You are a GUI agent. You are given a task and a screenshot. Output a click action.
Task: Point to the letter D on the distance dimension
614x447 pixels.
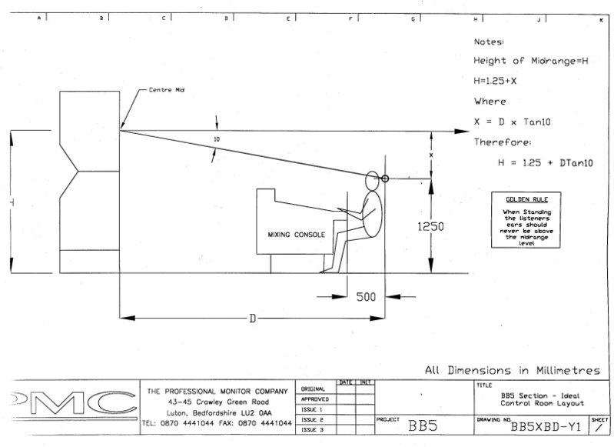coord(252,318)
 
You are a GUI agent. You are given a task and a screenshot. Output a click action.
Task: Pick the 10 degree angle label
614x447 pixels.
coord(217,140)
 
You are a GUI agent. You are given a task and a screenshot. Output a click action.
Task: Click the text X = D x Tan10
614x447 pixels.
coord(515,122)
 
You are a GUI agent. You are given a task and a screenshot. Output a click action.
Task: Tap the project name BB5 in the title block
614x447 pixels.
coord(423,425)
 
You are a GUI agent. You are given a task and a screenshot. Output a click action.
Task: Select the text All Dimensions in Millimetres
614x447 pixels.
coord(512,370)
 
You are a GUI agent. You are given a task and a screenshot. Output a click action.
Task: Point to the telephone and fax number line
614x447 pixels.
coord(217,423)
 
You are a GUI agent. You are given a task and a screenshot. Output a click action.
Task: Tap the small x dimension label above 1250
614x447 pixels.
coord(431,154)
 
